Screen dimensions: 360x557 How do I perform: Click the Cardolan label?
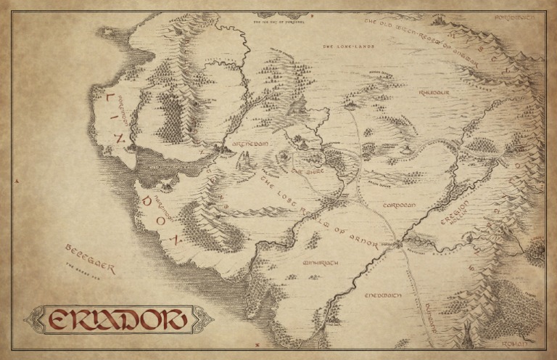[398, 205]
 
